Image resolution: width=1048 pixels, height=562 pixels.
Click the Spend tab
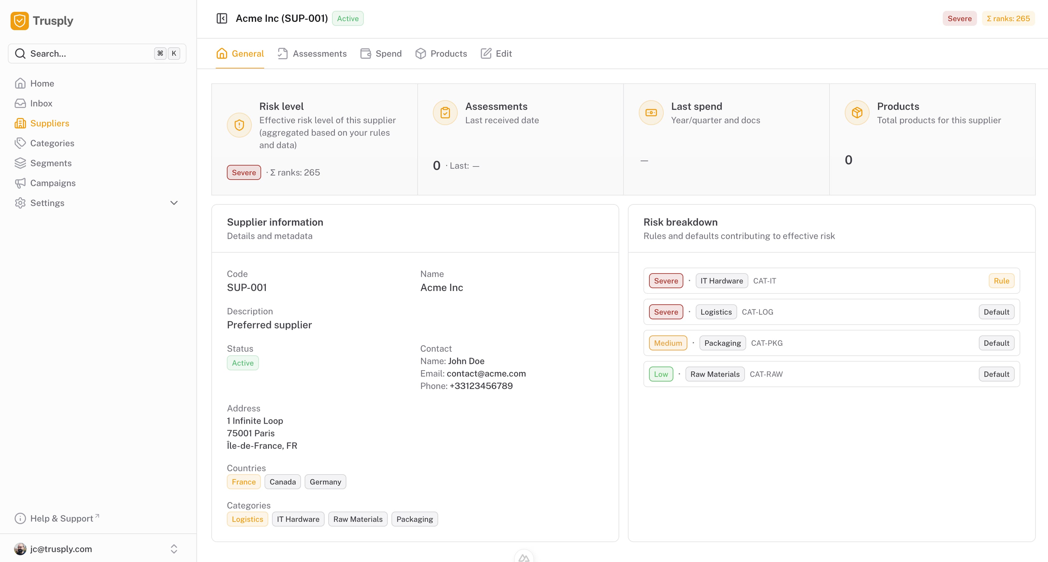381,54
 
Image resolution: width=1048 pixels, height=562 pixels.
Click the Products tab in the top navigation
441,54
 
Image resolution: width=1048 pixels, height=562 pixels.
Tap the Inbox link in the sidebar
41,103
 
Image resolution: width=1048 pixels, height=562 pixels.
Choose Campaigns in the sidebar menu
52,183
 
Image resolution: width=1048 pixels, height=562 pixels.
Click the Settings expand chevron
174,203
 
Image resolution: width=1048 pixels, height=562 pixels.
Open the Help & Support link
61,519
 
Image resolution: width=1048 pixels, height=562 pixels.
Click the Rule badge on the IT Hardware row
1001,281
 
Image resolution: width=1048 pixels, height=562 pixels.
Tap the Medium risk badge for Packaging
668,343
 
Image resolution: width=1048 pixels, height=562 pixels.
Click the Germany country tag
325,482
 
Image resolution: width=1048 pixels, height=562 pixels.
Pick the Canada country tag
282,482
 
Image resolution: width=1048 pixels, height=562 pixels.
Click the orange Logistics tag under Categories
247,519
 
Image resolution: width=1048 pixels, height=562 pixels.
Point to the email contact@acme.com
486,374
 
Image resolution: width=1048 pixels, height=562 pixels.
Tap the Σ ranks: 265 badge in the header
1008,19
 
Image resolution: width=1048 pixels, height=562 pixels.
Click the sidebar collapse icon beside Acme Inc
222,19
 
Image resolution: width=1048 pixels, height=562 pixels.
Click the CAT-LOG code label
757,312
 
